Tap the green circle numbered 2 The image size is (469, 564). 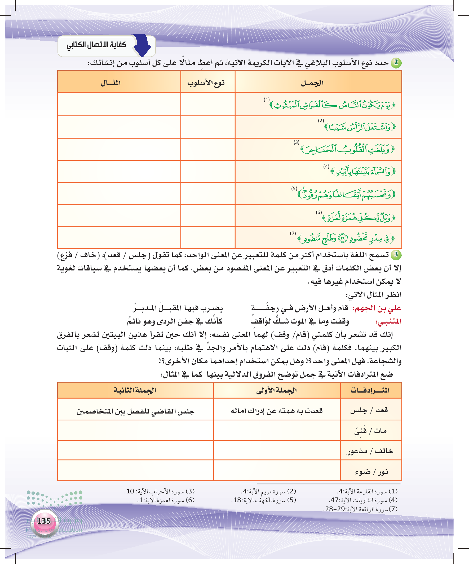tap(396, 63)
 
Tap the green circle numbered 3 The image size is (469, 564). tap(396, 255)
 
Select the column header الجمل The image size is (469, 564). tap(312, 83)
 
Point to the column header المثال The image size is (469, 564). tap(110, 83)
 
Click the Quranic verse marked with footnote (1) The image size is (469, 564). tap(333, 105)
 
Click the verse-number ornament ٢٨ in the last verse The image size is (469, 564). tap(342, 238)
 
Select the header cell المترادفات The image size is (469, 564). tap(370, 390)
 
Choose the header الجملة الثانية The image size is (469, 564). tap(135, 390)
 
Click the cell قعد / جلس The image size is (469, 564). tap(369, 410)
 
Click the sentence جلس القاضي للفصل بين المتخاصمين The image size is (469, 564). tap(135, 411)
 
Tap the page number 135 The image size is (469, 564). tap(44, 521)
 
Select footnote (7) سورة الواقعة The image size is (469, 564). tap(361, 509)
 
